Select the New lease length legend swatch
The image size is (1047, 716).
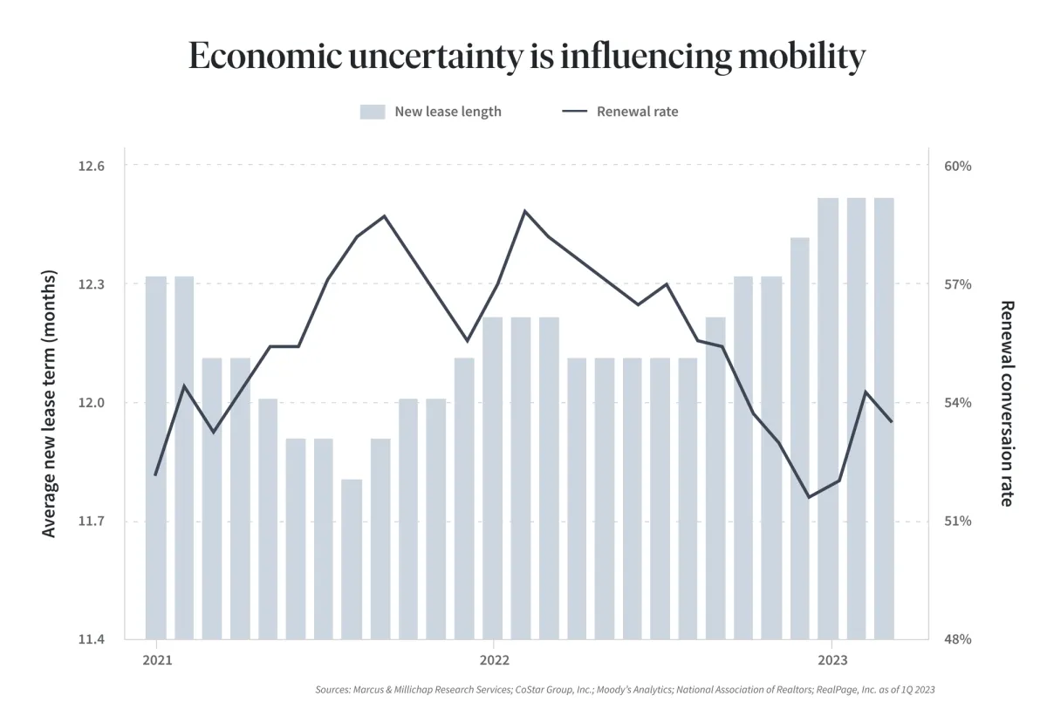373,112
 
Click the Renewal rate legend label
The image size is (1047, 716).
637,112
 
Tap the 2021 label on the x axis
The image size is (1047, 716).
156,660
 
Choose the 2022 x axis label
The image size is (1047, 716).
494,660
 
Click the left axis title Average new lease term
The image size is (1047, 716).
50,403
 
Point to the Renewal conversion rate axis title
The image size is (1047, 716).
1006,403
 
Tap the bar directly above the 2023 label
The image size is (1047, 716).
829,419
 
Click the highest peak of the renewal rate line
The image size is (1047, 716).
524,211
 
